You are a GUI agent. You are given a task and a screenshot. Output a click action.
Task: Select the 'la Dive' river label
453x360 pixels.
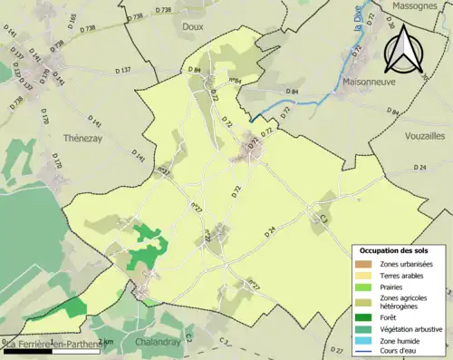(x=359, y=19)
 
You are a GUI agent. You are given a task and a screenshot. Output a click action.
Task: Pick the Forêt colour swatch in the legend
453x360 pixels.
(x=365, y=316)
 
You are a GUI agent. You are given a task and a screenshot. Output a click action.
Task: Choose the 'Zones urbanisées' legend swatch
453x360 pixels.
(x=365, y=263)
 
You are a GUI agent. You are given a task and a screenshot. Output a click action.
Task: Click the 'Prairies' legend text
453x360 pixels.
(x=395, y=286)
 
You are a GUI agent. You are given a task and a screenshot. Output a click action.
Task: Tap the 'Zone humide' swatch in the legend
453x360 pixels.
(x=365, y=340)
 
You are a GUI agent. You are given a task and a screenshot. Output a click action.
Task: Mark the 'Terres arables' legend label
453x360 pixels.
(x=404, y=274)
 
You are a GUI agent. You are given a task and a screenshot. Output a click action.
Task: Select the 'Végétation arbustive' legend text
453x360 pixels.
(x=412, y=328)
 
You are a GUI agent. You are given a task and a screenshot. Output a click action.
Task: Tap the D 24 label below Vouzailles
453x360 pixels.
(x=419, y=168)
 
